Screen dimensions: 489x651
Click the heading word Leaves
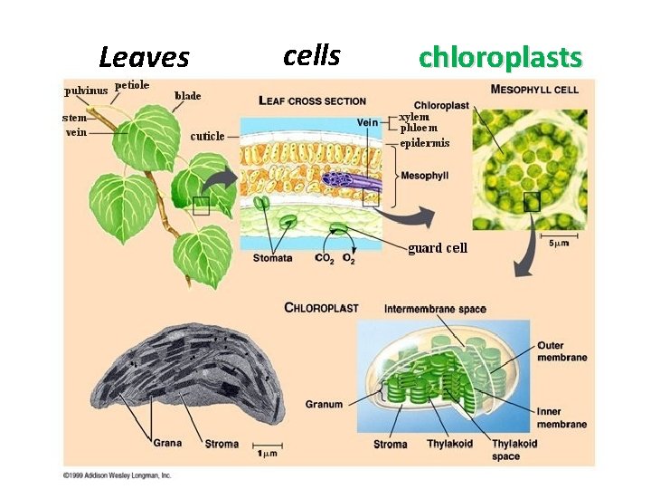144,58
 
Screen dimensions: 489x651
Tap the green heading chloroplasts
500,58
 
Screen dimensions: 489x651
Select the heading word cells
311,56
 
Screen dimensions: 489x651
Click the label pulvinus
86,91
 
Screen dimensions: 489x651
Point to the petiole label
132,85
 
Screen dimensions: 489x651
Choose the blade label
187,95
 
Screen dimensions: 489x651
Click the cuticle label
207,137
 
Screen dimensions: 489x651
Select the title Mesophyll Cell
535,89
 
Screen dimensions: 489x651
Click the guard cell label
438,248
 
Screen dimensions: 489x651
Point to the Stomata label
272,258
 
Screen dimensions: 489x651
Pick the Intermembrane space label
435,309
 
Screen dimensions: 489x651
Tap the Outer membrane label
561,351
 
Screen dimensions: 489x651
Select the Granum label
324,404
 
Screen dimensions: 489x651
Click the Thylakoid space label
514,449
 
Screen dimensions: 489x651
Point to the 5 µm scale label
559,243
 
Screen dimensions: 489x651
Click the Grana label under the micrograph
167,444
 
